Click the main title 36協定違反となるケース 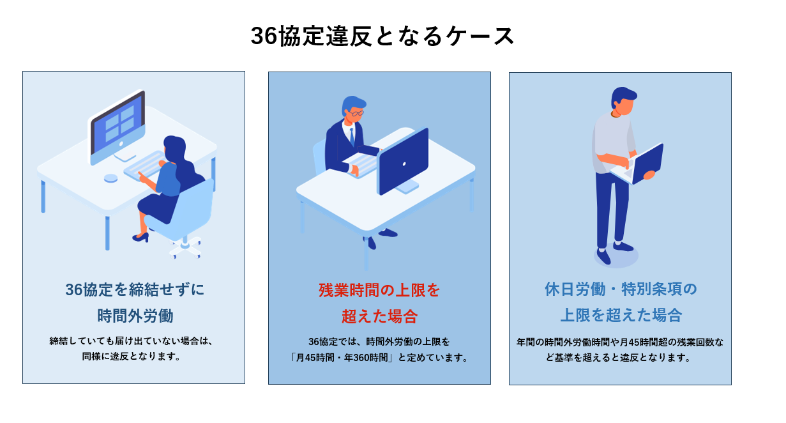(382, 36)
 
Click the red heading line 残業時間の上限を (379, 291)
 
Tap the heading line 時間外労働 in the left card (135, 316)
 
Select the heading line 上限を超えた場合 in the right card (621, 315)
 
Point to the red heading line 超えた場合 (380, 317)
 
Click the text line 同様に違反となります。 (132, 357)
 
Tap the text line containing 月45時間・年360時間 (380, 358)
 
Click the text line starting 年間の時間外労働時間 (620, 342)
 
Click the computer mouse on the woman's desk (111, 178)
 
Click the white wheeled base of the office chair (185, 248)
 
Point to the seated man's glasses (356, 113)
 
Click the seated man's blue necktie (352, 137)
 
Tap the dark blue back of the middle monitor (404, 161)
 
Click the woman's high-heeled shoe (140, 238)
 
